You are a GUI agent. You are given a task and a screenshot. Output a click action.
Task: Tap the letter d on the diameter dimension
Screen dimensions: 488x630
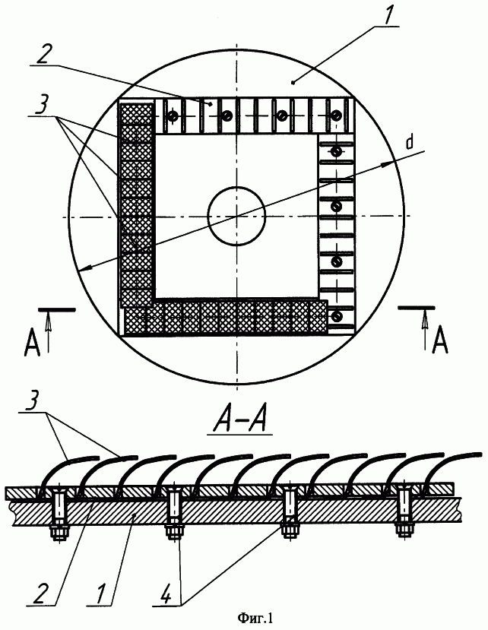point(410,143)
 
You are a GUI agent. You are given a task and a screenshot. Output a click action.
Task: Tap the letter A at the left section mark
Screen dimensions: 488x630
point(33,343)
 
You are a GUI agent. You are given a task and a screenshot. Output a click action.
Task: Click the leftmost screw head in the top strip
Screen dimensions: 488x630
point(173,116)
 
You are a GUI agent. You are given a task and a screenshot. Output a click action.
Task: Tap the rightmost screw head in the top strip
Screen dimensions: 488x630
point(337,116)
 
